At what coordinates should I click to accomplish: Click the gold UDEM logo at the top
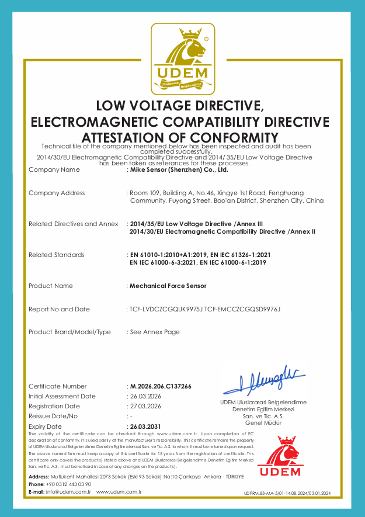pyautogui.click(x=182, y=59)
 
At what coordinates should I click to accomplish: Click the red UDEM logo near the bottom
pyautogui.click(x=279, y=457)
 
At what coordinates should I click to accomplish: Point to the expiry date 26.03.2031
pyautogui.click(x=145, y=426)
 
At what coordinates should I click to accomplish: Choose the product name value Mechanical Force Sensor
pyautogui.click(x=168, y=286)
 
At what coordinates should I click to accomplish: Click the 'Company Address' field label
pyautogui.click(x=57, y=193)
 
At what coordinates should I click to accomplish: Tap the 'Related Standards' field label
pyautogui.click(x=56, y=255)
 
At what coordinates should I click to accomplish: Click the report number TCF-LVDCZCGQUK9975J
pyautogui.click(x=166, y=309)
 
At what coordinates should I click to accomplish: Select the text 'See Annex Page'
pyautogui.click(x=155, y=332)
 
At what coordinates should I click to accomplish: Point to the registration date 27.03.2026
pyautogui.click(x=145, y=406)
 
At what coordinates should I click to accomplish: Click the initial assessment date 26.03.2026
pyautogui.click(x=145, y=396)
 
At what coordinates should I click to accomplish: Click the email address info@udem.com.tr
pyautogui.click(x=69, y=492)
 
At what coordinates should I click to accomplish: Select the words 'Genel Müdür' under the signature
pyautogui.click(x=263, y=422)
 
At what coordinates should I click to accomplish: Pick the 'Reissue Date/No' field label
pyautogui.click(x=53, y=416)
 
